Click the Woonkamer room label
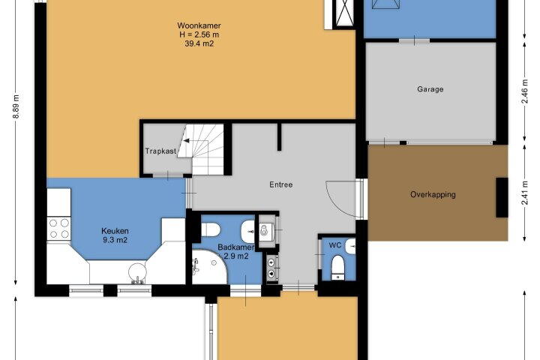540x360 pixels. [199, 25]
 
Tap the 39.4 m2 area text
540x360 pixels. [199, 43]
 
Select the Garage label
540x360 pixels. [430, 89]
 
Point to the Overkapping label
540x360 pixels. [433, 195]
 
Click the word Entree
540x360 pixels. [281, 184]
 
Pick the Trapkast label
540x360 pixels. [160, 151]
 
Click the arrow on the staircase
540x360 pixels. [186, 140]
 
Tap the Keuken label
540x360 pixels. [115, 231]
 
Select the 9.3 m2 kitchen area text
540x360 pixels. [115, 240]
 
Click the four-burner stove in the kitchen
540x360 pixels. [59, 229]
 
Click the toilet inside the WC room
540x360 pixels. [338, 267]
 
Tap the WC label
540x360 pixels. [335, 245]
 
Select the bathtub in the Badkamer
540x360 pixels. [209, 267]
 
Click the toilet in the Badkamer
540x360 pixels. [211, 229]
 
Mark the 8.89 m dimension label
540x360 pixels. [16, 106]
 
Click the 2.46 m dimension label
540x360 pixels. [524, 91]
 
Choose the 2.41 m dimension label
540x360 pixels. [524, 193]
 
